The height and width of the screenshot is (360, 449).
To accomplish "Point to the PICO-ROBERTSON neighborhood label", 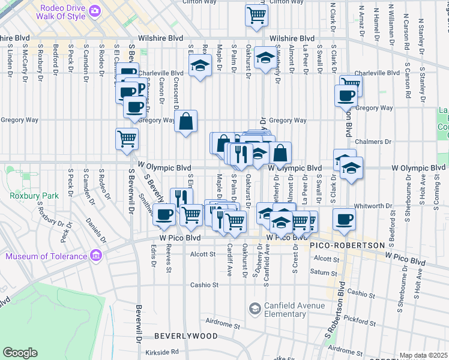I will [347, 246].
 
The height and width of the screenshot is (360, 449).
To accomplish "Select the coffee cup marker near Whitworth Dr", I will [344, 218].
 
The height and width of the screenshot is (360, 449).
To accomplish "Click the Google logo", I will [20, 353].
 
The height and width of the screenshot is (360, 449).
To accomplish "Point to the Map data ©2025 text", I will [423, 355].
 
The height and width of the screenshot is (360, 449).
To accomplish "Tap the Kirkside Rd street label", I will [166, 352].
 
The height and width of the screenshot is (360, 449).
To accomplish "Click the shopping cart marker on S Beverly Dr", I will [127, 138].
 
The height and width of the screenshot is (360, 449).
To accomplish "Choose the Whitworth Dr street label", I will [373, 205].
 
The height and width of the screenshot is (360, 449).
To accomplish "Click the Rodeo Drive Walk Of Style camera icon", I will [95, 11].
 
